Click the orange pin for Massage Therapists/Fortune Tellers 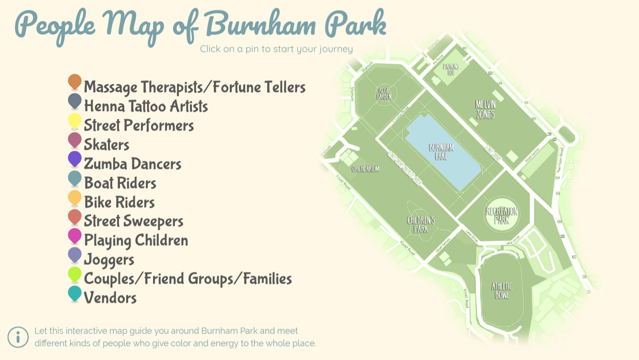point(75,82)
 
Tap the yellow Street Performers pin point(75,120)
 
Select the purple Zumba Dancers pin point(75,158)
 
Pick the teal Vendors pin point(75,293)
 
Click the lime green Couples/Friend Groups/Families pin point(75,274)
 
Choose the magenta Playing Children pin point(75,235)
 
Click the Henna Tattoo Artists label point(146,106)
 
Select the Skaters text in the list point(106,144)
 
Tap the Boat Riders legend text point(120,183)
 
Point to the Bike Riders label point(119,202)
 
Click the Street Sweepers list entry point(133,221)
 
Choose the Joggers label point(109,260)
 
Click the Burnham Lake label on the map point(441,152)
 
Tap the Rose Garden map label point(384,93)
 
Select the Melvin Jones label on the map point(485,109)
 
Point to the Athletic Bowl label point(502,290)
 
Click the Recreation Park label point(502,216)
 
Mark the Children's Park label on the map point(421,225)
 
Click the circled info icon point(18,337)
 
